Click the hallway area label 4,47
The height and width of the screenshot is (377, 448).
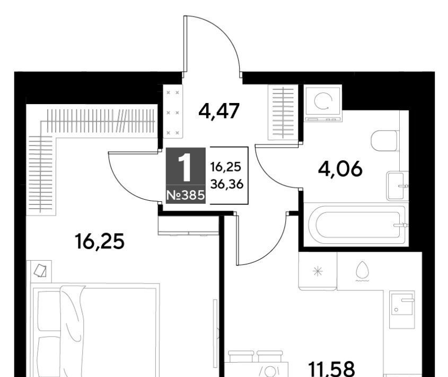coord(218,111)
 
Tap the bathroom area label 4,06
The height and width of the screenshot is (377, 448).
coord(340,169)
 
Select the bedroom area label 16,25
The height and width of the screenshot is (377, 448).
coord(99,241)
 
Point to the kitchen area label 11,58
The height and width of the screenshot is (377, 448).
coord(332,369)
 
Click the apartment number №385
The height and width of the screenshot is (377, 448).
coord(186,195)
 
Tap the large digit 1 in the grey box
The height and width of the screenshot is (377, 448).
coord(186,167)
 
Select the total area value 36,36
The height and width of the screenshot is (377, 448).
coord(227,184)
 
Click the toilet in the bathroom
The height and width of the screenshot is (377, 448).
coord(384,140)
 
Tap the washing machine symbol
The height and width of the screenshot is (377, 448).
coord(323,104)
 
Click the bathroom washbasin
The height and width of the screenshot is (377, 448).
coord(397,186)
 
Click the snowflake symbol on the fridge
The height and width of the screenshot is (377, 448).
coord(318,271)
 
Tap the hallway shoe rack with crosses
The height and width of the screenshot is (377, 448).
coord(172,112)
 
